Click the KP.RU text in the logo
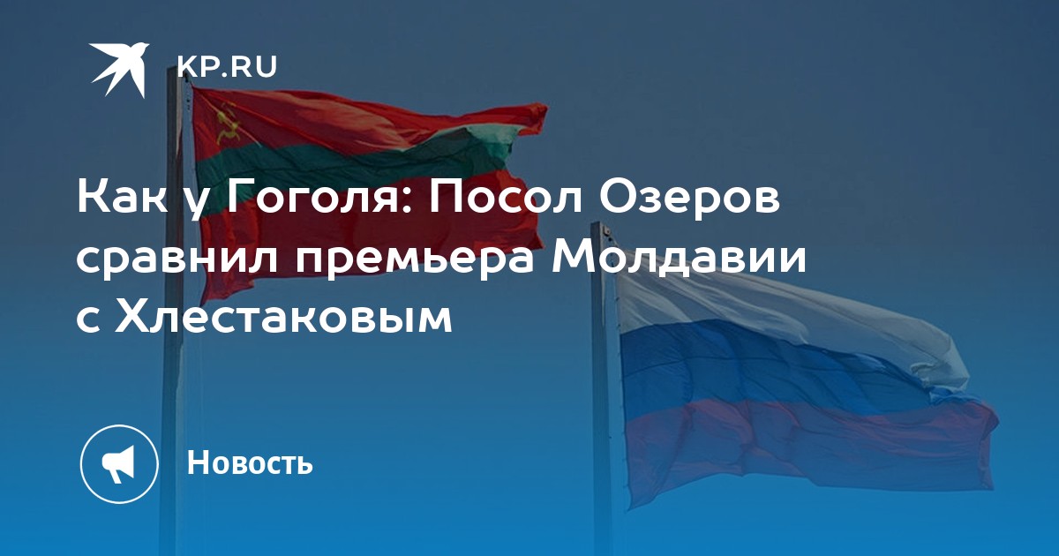pos(227,67)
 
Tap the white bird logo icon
pos(119,69)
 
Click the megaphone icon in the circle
pos(118,464)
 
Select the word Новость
pos(250,462)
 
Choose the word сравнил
pos(177,262)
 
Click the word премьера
pos(416,262)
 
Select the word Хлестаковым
pos(283,318)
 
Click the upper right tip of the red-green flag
pos(546,107)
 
